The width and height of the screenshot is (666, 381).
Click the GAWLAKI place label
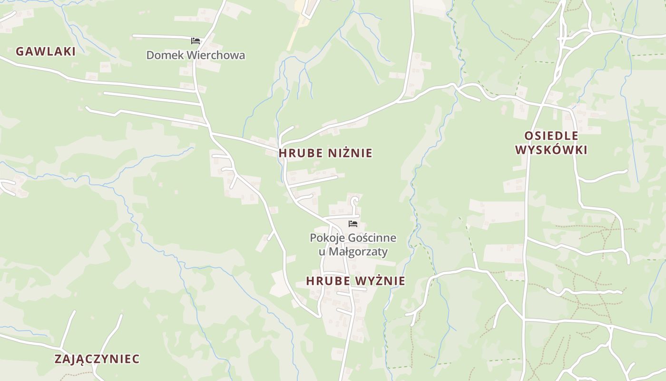tap(46, 51)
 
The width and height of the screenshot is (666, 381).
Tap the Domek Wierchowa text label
tap(196, 55)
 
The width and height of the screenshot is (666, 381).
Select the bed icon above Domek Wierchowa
tap(195, 41)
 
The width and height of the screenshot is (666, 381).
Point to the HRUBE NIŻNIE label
tap(325, 153)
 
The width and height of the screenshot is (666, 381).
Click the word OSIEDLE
tap(551, 136)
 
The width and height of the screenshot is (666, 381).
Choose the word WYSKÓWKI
tap(551, 150)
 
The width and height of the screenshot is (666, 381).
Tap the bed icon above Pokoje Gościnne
tap(353, 223)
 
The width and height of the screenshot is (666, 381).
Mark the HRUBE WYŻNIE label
tap(356, 281)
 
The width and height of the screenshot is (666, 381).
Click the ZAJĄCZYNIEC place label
tap(97, 359)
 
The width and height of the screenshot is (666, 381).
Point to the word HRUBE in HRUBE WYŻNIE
tap(328, 281)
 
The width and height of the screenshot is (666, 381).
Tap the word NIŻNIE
tap(351, 153)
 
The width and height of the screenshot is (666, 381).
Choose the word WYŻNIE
tap(380, 281)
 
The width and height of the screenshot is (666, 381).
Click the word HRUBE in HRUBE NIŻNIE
tap(301, 153)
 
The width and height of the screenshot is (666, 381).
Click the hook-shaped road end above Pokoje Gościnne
tap(354, 200)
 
